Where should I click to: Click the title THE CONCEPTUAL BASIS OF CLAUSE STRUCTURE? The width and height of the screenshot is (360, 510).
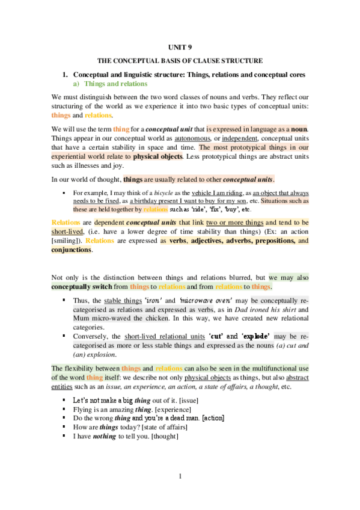tap(180, 62)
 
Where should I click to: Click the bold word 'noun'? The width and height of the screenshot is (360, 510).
tap(299, 128)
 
